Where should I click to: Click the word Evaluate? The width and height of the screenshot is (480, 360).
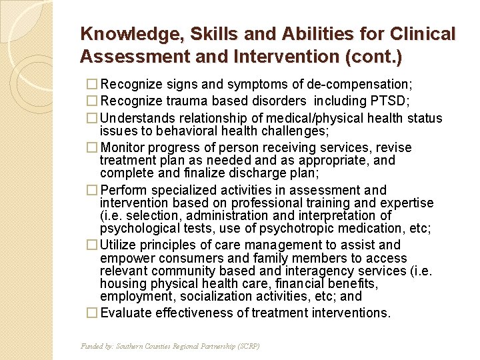tap(127, 313)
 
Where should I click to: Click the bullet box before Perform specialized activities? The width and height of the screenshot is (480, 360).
tap(93, 190)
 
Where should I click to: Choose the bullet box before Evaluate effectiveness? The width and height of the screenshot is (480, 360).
tap(93, 313)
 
